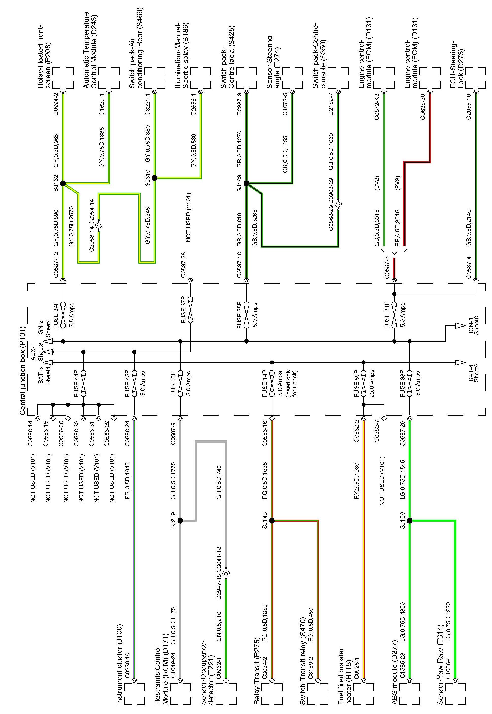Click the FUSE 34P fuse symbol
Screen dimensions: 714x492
pyautogui.click(x=63, y=315)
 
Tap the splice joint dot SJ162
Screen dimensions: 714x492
pyautogui.click(x=63, y=183)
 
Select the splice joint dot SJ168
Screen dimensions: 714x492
pyautogui.click(x=246, y=183)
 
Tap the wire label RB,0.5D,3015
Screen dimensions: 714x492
pyautogui.click(x=398, y=228)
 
